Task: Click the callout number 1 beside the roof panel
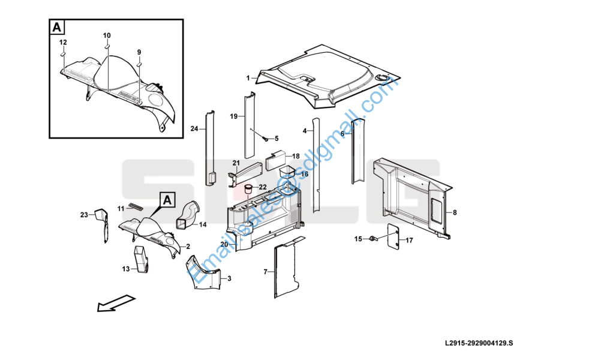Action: tap(248, 78)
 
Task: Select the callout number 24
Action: tap(194, 129)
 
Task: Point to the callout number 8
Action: tap(455, 212)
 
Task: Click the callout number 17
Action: tap(410, 241)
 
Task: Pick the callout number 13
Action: tap(126, 269)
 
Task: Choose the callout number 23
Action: tap(85, 214)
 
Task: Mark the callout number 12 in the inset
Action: tap(63, 42)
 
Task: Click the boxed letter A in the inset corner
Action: tap(57, 28)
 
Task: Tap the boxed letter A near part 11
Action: tap(167, 199)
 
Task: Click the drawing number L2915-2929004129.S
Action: tap(479, 343)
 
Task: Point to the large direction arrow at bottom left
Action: tap(115, 302)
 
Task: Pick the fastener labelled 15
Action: tap(373, 239)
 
